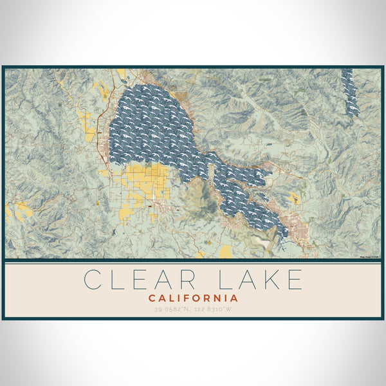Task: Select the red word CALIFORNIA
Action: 193,299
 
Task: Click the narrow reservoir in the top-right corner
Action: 351,93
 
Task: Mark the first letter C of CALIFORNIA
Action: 152,299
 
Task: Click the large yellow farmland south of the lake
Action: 145,183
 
